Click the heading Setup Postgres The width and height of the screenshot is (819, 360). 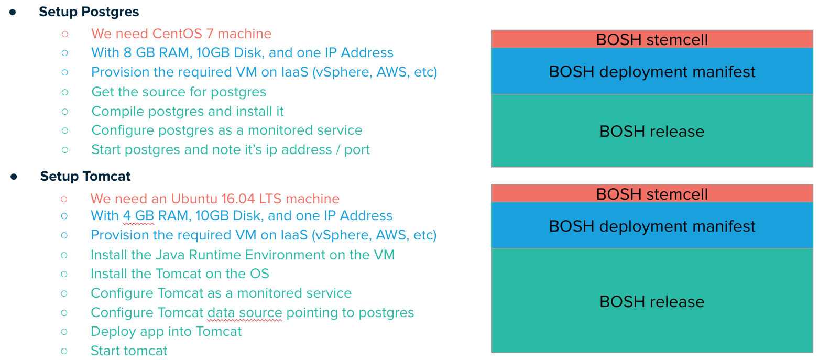tap(89, 12)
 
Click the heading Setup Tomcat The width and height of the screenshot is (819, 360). tap(85, 176)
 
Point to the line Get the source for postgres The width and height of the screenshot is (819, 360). tap(179, 92)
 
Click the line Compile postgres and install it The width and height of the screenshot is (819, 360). tap(188, 112)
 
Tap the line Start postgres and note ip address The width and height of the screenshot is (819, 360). tap(231, 150)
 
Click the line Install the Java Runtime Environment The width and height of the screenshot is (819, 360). tap(242, 255)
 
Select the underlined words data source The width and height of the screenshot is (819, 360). tap(245, 313)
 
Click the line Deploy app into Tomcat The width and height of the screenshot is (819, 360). tap(166, 332)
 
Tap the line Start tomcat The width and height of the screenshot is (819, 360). tap(129, 351)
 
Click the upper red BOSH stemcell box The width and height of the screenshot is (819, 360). tap(652, 39)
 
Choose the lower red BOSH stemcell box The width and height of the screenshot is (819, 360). tap(652, 194)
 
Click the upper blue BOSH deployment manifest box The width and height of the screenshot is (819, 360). tap(652, 72)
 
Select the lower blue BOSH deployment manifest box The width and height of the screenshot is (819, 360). tap(652, 226)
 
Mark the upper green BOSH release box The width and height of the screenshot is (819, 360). tap(652, 131)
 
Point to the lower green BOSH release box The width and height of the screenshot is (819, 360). tap(652, 302)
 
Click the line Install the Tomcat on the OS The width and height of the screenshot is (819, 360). tap(180, 274)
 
